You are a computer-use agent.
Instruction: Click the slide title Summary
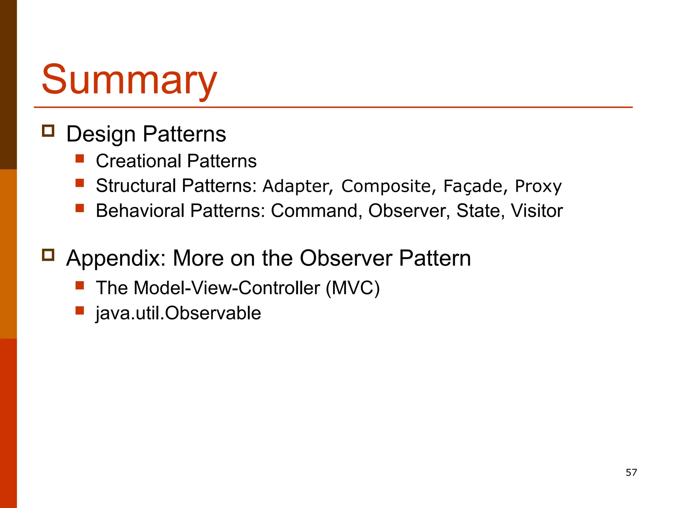click(129, 79)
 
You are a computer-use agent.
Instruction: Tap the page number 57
click(631, 472)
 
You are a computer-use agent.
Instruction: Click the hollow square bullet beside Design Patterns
click(48, 131)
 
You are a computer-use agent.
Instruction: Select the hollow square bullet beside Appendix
click(48, 255)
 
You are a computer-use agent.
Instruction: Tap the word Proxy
click(538, 186)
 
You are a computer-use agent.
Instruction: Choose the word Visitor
click(536, 211)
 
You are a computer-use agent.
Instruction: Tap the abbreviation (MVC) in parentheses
click(352, 288)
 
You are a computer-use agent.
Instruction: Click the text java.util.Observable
click(178, 313)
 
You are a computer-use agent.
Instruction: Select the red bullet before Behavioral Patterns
click(80, 208)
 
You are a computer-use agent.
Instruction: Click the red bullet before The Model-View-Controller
click(80, 285)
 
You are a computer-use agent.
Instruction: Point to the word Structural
click(136, 186)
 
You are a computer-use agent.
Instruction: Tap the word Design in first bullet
click(101, 134)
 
